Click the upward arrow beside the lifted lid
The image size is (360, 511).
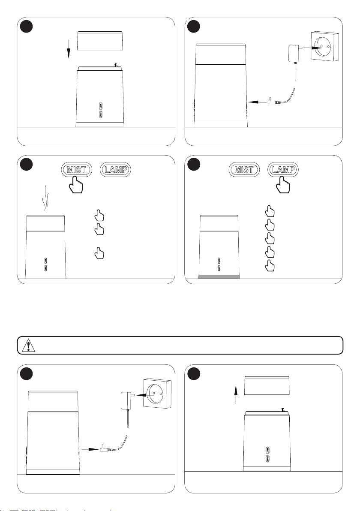(x=236, y=394)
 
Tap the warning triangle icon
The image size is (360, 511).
(x=29, y=345)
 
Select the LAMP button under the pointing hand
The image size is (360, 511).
(x=283, y=169)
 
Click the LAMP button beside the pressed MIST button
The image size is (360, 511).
(x=116, y=169)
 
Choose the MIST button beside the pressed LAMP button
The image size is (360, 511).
(x=244, y=169)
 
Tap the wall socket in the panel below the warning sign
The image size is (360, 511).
(x=157, y=394)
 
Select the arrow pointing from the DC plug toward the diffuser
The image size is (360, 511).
(x=257, y=102)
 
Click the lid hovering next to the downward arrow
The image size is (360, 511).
(x=100, y=41)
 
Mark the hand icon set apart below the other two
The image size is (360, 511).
(x=99, y=253)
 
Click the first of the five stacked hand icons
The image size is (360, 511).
(x=270, y=211)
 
